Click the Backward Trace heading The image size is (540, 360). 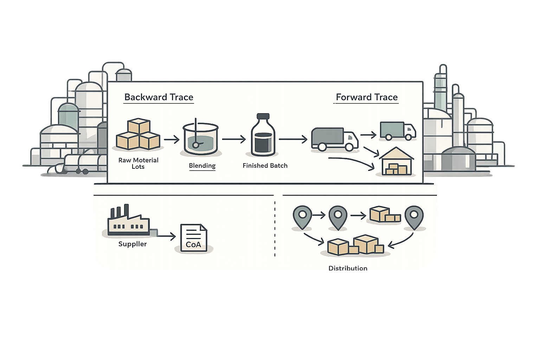[159, 97]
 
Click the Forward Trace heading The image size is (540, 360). [366, 97]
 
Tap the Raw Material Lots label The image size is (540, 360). [138, 163]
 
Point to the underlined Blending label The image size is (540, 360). [202, 166]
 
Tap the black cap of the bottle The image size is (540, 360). [263, 116]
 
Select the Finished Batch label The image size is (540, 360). [265, 166]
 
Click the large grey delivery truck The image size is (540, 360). [334, 139]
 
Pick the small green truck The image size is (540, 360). [398, 131]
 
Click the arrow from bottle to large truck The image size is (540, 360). [293, 140]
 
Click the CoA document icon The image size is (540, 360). [193, 238]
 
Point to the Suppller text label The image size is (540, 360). [132, 244]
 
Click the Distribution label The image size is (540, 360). [348, 268]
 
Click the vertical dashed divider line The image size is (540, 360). [275, 229]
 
